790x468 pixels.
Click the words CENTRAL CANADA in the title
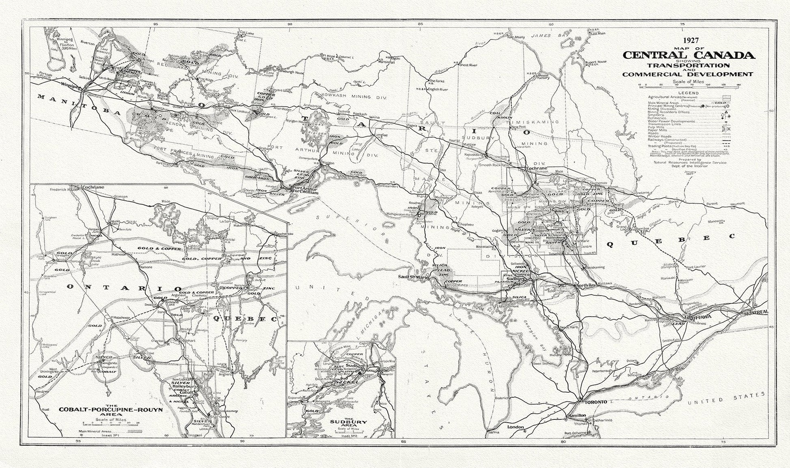tap(689, 55)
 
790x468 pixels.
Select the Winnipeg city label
tap(69, 86)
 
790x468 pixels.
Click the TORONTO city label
tap(596, 402)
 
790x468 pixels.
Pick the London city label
tap(516, 427)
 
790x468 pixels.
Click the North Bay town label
tap(586, 286)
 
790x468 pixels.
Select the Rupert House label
tap(596, 62)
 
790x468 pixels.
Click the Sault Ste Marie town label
tap(413, 277)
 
